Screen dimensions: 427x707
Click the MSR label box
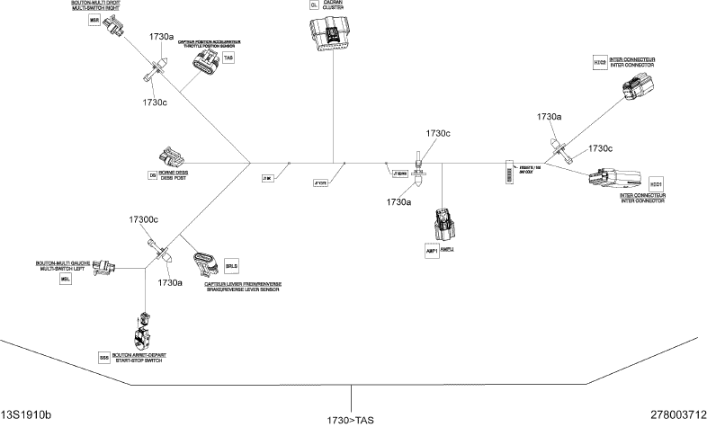[93, 20]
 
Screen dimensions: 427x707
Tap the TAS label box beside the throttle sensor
[228, 58]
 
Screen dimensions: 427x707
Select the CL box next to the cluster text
[314, 5]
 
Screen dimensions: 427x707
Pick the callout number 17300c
[143, 219]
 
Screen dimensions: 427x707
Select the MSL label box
[65, 280]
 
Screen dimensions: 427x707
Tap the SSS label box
[105, 357]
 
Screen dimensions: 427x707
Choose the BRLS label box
[231, 266]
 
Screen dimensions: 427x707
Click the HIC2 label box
[600, 63]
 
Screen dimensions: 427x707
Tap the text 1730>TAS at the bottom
[352, 419]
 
